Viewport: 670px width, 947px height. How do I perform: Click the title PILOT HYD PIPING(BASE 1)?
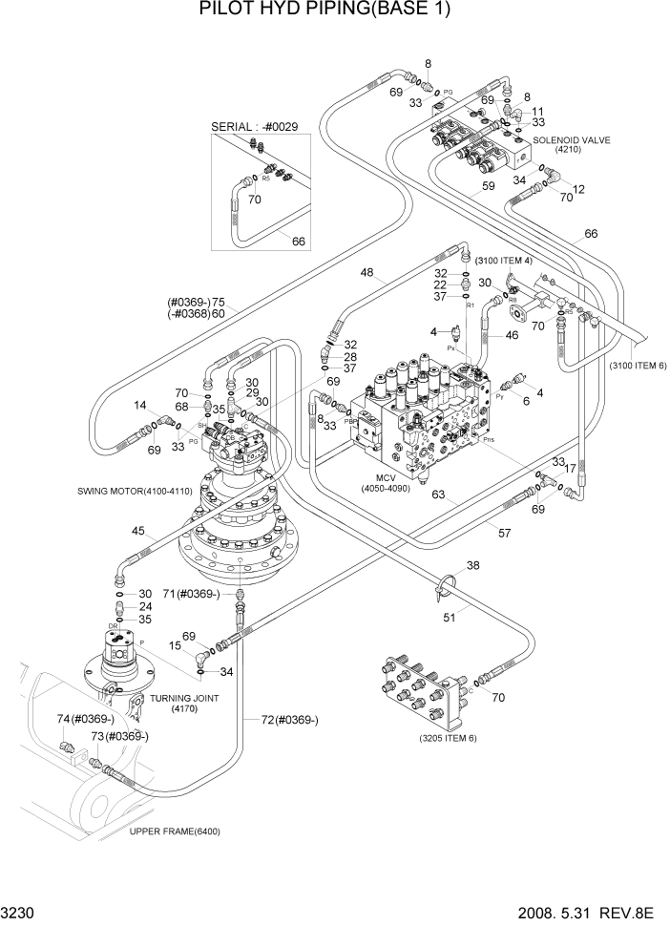coord(325,11)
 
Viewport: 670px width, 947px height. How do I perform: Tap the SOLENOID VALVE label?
coord(571,140)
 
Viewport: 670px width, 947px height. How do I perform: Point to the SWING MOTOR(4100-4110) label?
coord(136,491)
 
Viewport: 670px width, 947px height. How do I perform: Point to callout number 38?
coord(472,566)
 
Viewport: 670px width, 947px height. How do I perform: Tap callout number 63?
coord(438,495)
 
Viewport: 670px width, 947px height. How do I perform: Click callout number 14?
coord(140,405)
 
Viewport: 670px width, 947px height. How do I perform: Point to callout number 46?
coord(511,336)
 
